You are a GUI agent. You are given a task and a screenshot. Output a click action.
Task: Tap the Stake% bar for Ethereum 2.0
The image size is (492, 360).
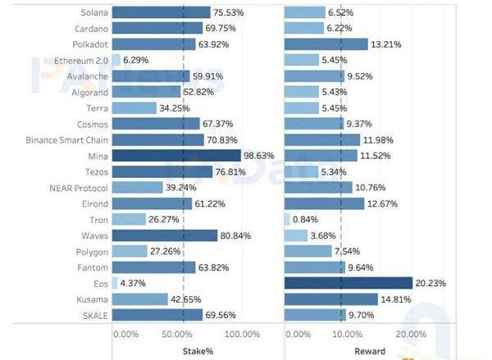click(116, 60)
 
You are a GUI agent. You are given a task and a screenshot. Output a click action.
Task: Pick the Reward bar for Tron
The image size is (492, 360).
click(287, 219)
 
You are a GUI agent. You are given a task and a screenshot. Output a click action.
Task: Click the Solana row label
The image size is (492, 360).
click(89, 12)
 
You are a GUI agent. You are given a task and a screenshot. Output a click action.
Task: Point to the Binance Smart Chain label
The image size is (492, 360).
click(66, 139)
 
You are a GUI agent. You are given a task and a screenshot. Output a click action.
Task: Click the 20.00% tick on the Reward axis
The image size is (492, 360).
click(410, 334)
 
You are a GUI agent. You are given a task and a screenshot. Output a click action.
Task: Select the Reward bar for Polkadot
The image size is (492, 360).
click(326, 44)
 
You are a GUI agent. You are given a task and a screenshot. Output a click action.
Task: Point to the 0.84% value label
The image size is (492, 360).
click(307, 219)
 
